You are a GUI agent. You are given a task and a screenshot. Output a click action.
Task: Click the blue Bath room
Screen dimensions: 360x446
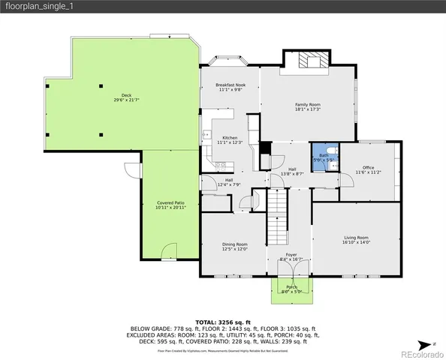[x=324, y=157]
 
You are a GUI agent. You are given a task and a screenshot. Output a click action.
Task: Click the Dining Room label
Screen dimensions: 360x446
[x=234, y=244]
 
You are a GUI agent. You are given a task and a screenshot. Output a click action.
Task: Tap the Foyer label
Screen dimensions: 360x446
[x=289, y=256]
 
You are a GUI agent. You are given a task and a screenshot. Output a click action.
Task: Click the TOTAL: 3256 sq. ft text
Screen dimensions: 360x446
[x=223, y=320]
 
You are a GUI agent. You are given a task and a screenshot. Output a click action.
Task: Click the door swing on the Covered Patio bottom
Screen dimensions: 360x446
[x=171, y=250]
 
